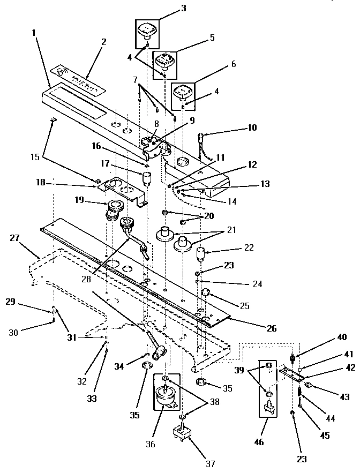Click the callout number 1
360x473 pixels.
[34, 32]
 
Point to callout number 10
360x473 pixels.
[252, 127]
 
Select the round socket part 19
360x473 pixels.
[116, 208]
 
